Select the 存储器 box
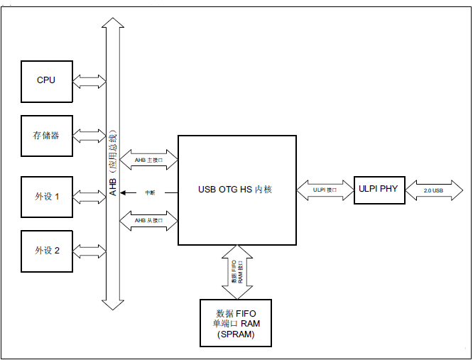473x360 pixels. [x=46, y=136]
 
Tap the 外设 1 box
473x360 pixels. [x=46, y=195]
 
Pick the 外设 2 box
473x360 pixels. [x=46, y=251]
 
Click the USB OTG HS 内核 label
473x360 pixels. [x=235, y=190]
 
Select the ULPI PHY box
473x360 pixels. [x=379, y=189]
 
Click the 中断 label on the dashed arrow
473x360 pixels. [x=151, y=192]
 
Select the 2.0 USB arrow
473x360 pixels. [x=433, y=190]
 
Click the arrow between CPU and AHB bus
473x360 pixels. [x=89, y=81]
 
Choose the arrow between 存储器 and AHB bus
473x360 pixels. [x=89, y=136]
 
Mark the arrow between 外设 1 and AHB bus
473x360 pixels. [x=89, y=195]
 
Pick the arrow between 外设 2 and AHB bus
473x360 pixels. [x=89, y=251]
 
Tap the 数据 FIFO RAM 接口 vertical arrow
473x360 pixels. [x=236, y=271]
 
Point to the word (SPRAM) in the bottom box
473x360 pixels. [x=236, y=334]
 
